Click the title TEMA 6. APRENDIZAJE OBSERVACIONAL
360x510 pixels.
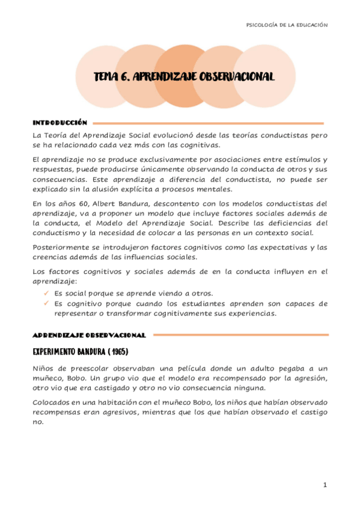point(184,77)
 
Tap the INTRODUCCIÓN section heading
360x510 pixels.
point(59,122)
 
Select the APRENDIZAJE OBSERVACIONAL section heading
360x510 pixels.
point(89,334)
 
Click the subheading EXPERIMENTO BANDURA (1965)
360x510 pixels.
point(81,351)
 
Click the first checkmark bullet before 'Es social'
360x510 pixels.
point(47,292)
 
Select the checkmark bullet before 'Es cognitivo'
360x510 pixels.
point(47,303)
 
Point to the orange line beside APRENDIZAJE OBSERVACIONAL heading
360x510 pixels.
point(240,334)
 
